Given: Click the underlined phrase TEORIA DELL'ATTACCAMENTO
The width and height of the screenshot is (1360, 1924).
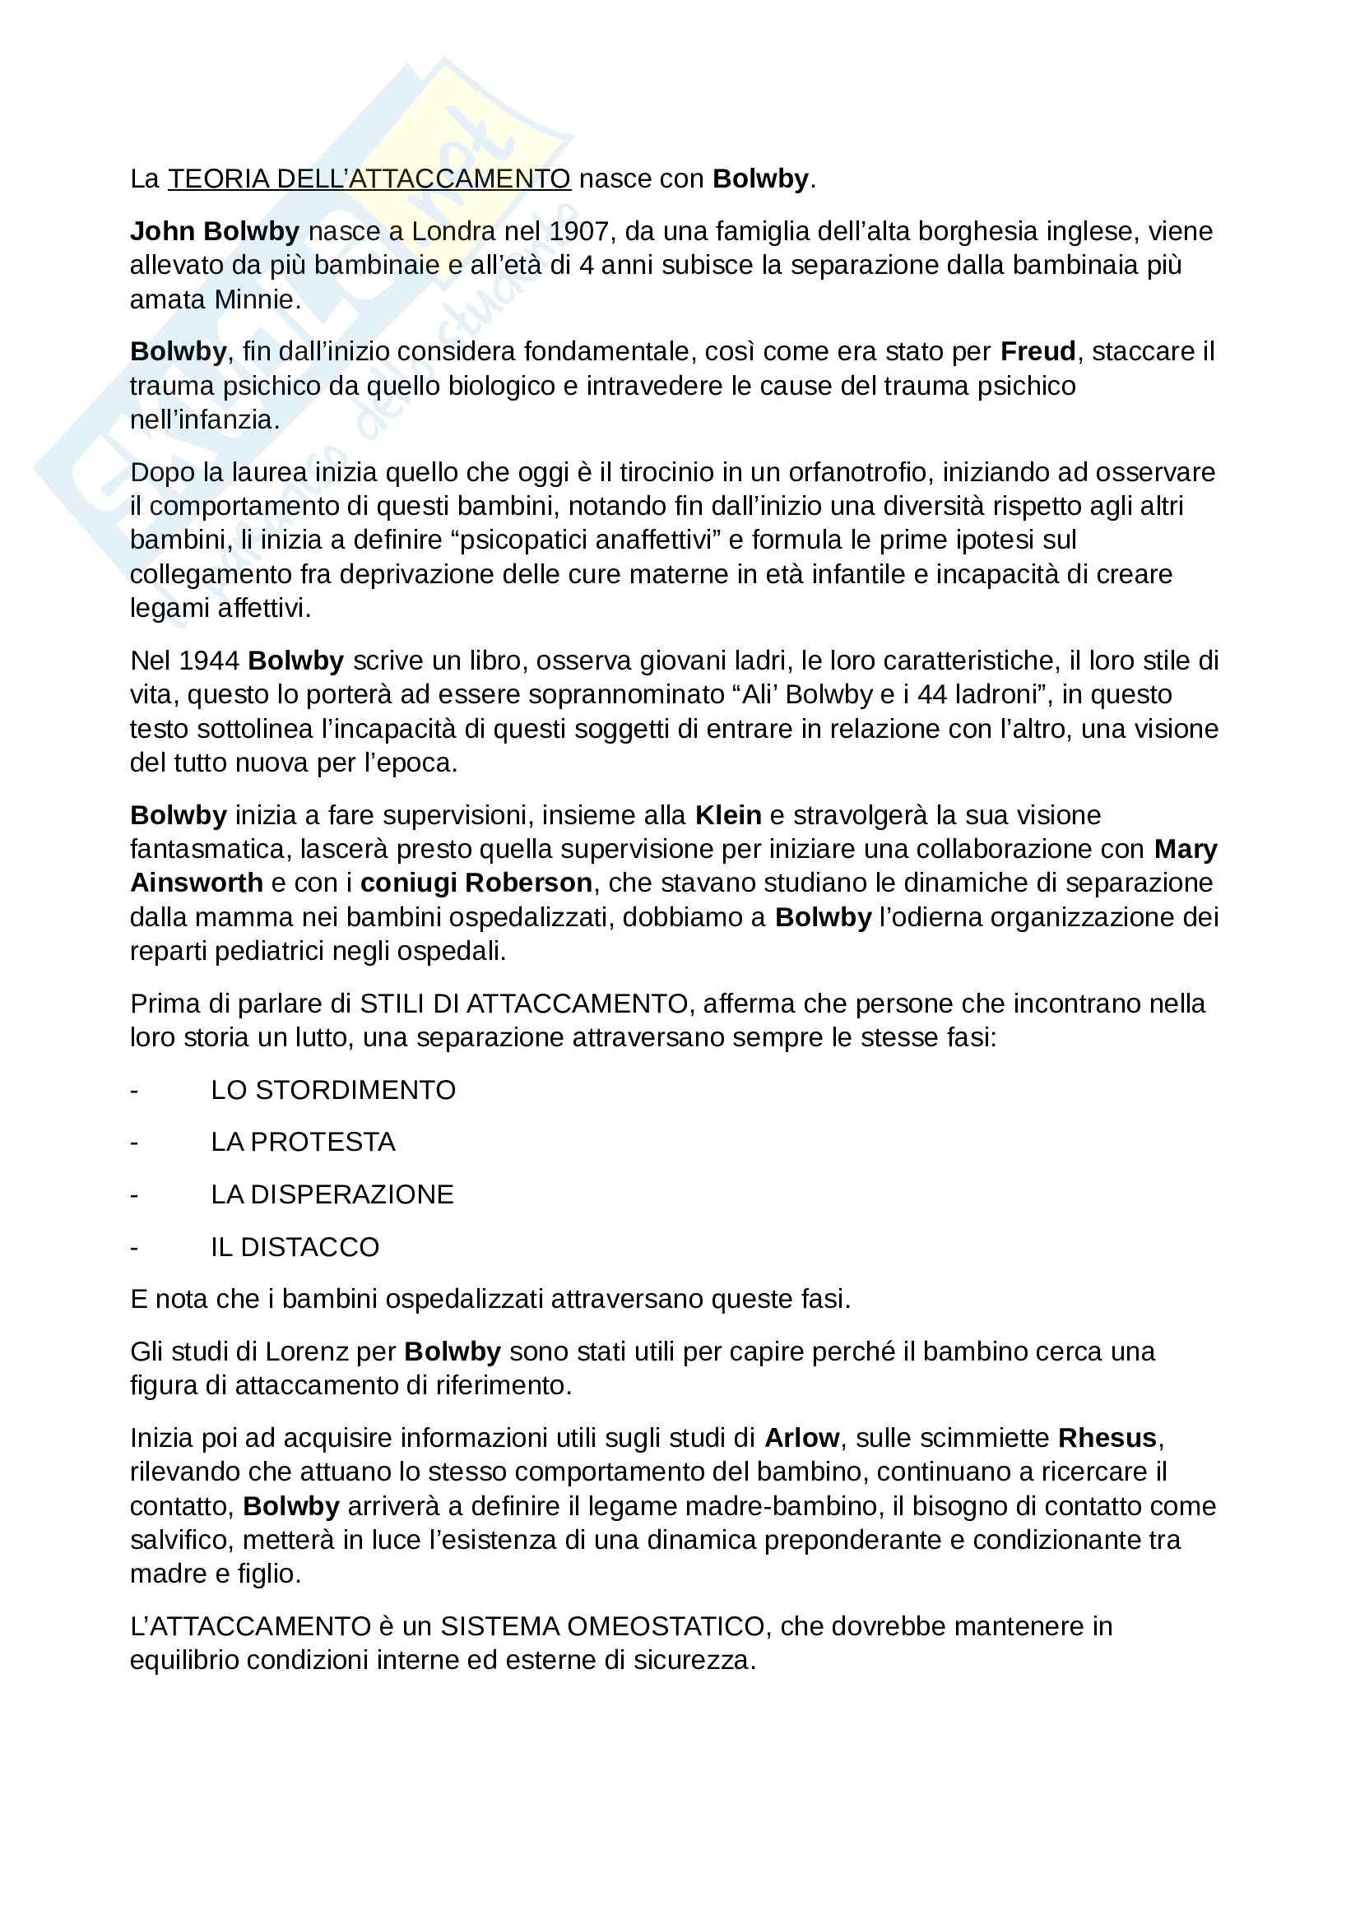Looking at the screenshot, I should (x=369, y=178).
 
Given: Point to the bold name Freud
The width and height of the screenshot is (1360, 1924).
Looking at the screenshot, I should (x=1037, y=351).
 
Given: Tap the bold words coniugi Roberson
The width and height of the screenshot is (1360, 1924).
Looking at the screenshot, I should (x=476, y=883).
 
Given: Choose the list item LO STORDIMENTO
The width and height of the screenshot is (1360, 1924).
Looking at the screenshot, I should (x=332, y=1089).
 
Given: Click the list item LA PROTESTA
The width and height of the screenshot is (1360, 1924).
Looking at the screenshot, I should (x=303, y=1142).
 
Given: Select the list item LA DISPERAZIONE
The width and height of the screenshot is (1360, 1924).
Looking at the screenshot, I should (x=332, y=1194).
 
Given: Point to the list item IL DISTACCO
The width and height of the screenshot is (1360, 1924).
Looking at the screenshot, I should (x=295, y=1247).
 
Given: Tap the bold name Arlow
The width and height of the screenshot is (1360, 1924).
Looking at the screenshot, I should (x=801, y=1438).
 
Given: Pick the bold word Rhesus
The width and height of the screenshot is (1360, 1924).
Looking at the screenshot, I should (x=1107, y=1438).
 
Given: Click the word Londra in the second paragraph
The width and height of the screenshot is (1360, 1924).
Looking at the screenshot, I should (x=453, y=230).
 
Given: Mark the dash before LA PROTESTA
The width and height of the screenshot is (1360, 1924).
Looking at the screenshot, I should (x=134, y=1143).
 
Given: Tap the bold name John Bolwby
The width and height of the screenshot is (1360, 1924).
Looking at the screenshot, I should (x=215, y=230).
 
